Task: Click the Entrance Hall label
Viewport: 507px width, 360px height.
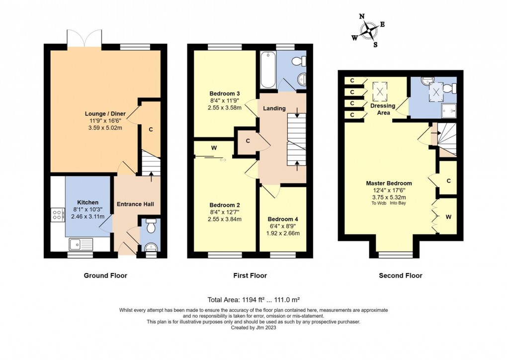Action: click(135, 204)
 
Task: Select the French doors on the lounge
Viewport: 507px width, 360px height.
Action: click(84, 38)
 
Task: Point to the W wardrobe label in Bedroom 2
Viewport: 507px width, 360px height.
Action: click(213, 148)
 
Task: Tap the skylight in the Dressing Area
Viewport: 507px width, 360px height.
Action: click(382, 90)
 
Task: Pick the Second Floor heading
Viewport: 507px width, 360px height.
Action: click(400, 275)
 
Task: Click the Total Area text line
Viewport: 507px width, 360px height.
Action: click(253, 299)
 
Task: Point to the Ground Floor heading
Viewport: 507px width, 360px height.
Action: click(105, 275)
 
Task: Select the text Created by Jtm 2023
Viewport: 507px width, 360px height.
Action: click(253, 328)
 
